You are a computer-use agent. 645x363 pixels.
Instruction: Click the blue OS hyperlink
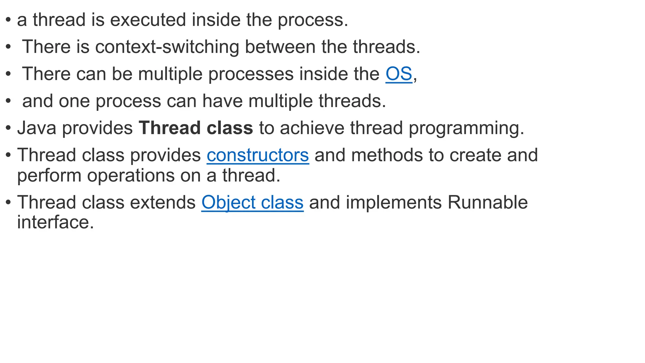tap(399, 74)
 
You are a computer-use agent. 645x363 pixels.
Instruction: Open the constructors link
tap(258, 155)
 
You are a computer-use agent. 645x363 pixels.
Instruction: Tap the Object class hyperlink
tap(252, 202)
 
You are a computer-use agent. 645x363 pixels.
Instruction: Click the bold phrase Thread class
tap(196, 128)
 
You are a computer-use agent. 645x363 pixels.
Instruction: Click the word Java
tap(37, 128)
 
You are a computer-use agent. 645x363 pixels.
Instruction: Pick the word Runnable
tap(487, 202)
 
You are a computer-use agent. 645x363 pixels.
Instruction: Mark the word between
tap(280, 47)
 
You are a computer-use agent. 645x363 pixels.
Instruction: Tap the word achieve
tap(312, 128)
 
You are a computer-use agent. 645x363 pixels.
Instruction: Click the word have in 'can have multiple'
tap(222, 101)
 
